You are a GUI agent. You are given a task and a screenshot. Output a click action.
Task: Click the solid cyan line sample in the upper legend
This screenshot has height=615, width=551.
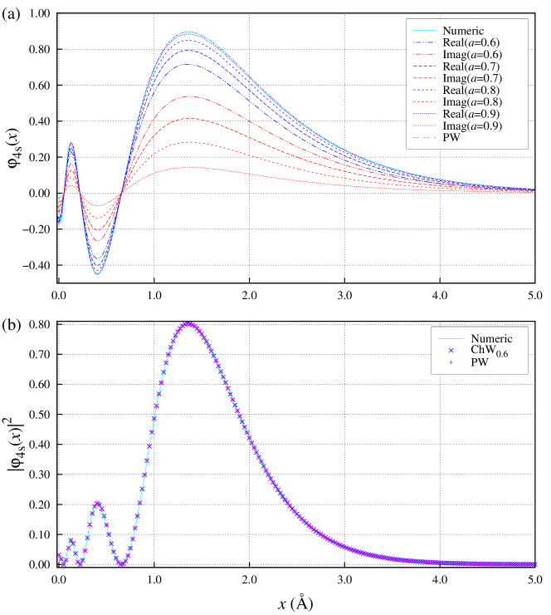coord(424,30)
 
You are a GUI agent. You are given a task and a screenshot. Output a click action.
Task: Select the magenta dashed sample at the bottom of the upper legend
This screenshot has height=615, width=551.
coord(424,137)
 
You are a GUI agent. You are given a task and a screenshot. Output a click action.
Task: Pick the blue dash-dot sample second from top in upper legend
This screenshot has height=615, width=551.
coord(424,42)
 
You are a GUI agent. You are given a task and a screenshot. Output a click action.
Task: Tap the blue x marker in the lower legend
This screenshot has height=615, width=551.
coord(451,351)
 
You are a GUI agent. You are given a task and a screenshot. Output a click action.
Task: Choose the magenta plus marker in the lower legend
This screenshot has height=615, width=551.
coord(451,362)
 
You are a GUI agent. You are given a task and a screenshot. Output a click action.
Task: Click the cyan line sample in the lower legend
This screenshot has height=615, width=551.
coord(451,339)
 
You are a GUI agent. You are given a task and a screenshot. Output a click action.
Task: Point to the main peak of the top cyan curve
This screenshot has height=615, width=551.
coord(188,32)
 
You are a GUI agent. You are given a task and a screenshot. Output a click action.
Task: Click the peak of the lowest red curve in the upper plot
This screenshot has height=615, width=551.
coord(188,167)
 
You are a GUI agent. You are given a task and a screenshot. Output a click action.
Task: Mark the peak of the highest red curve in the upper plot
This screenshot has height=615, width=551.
coord(188,96)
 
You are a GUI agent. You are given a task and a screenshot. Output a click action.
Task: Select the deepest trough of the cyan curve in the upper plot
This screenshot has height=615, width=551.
coord(98,273)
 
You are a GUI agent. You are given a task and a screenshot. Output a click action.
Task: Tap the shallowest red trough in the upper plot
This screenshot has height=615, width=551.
coord(96,205)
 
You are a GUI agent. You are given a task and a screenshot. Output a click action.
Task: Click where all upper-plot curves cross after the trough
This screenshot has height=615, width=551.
coord(123,193)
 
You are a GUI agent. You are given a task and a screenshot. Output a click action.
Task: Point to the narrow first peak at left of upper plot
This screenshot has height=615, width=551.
coord(71,143)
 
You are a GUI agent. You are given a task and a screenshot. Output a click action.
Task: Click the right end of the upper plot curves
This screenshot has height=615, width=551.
coord(533,189)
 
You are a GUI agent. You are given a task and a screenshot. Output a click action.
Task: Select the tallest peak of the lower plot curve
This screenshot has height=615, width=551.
coord(188,324)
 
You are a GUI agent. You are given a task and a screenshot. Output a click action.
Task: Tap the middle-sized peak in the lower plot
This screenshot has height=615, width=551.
coord(98,502)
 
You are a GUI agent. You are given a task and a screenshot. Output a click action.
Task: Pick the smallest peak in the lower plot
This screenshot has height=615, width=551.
coord(71,540)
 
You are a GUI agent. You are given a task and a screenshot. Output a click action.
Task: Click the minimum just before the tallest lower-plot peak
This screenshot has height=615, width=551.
coord(123,564)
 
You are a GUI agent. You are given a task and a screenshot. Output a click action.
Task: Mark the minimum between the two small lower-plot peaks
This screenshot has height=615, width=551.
coord(81,563)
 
